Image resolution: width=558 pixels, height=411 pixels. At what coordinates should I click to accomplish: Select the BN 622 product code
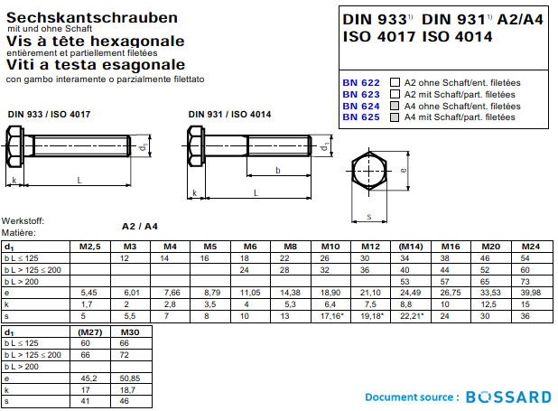[x=360, y=82]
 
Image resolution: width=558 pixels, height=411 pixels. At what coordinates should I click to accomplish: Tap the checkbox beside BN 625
[x=394, y=117]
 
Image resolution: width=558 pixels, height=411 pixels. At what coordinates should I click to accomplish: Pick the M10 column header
[x=330, y=247]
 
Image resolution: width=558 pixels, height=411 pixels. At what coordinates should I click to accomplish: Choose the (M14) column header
[x=411, y=247]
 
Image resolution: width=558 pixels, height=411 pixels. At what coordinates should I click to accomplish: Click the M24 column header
[x=531, y=247]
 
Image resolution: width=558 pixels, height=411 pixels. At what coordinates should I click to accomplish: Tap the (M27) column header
[x=89, y=332]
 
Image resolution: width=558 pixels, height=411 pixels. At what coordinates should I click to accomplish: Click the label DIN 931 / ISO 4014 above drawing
[x=230, y=114]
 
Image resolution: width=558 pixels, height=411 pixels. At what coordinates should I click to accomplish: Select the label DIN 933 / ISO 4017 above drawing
[x=49, y=114]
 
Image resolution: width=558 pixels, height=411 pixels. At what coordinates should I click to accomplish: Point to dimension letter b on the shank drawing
[x=276, y=171]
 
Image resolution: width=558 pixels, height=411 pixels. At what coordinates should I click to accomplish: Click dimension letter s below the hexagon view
[x=368, y=216]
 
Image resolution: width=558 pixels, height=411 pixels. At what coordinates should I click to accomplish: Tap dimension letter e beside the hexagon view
[x=403, y=169]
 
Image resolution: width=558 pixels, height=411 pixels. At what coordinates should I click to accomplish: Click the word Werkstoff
[x=23, y=220]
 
